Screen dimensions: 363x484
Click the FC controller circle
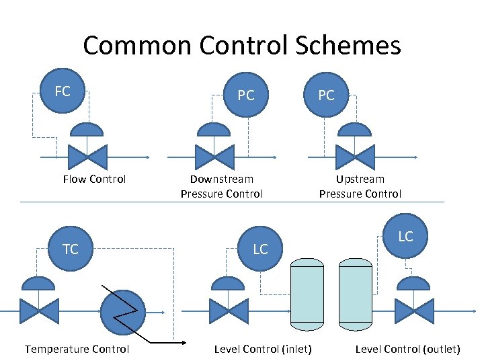coord(63,91)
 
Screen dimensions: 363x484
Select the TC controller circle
coord(71,249)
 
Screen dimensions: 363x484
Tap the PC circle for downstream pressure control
coord(246,95)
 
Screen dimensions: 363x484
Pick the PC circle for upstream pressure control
coord(326,95)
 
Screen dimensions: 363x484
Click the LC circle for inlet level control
coord(260,249)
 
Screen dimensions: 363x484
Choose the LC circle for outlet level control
coord(405,237)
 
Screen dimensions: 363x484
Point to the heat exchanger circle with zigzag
coord(122,311)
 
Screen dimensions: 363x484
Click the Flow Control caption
coord(94,179)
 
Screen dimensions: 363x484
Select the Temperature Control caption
coord(77,349)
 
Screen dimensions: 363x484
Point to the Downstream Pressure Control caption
coord(222,186)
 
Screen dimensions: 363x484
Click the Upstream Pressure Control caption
coord(360,186)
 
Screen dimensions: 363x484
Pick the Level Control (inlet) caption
coord(263,349)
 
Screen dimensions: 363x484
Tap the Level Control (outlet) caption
coord(407,349)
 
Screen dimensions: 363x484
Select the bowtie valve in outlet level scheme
coord(414,311)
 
